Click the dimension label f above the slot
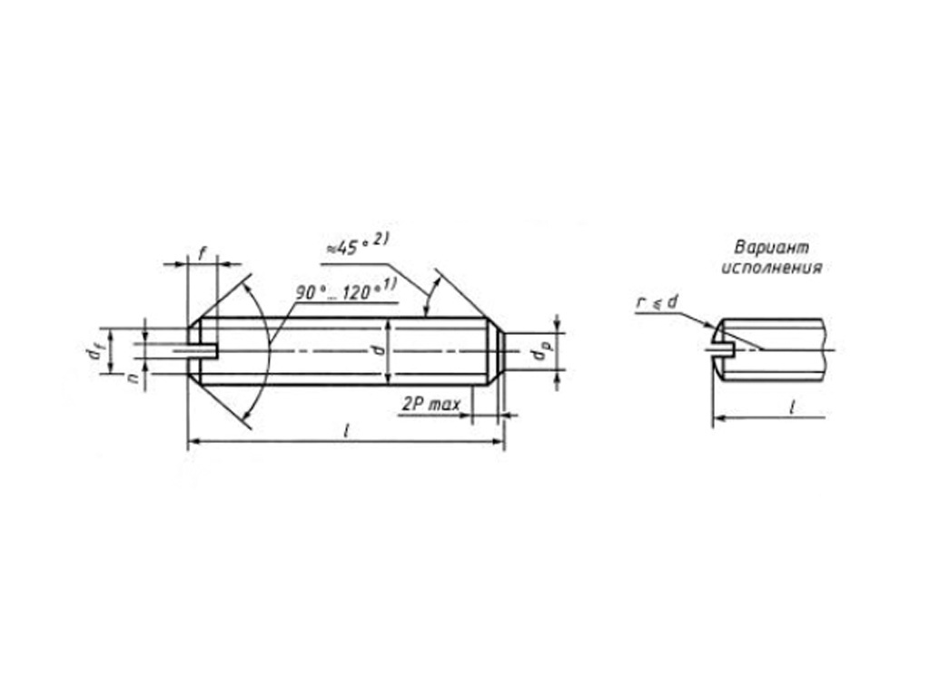click(203, 254)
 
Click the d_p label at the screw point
click(539, 352)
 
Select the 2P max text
click(431, 404)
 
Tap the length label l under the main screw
click(346, 431)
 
